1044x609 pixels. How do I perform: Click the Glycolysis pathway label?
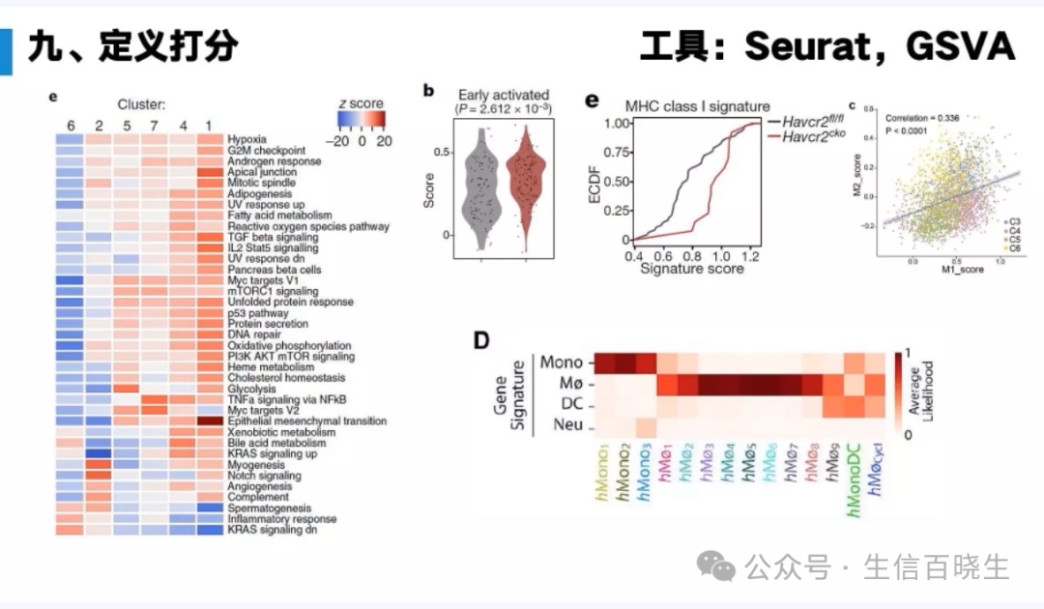tap(252, 389)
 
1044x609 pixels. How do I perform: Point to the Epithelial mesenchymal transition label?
tap(306, 421)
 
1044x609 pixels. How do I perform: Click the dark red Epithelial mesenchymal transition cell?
tap(211, 421)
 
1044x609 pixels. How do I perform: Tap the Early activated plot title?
tap(504, 95)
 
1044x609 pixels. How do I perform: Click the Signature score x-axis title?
tap(691, 269)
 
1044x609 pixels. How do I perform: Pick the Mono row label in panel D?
tap(561, 362)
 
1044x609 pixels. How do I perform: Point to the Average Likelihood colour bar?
tap(899, 394)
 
